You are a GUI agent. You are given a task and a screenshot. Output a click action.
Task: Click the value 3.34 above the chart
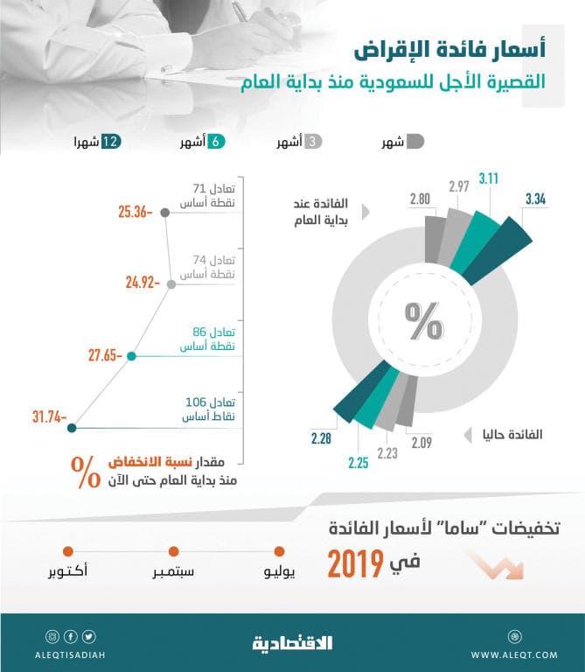coord(535,199)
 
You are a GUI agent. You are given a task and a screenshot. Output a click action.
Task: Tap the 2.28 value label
coord(319,437)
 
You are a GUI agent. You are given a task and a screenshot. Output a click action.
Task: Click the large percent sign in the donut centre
coord(423,320)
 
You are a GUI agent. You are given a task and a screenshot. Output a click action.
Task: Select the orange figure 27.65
coord(105,356)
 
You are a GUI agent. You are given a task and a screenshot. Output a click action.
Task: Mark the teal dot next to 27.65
coord(131,356)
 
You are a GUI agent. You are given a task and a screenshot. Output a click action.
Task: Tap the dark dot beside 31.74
coord(72,428)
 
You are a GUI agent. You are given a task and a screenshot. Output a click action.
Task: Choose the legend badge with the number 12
coord(110,141)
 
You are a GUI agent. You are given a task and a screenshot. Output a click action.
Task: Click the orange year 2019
coord(356,563)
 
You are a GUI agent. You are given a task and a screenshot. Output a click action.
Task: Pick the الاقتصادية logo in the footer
coord(293,643)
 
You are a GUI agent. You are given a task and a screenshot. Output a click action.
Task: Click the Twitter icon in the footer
coord(90,636)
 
